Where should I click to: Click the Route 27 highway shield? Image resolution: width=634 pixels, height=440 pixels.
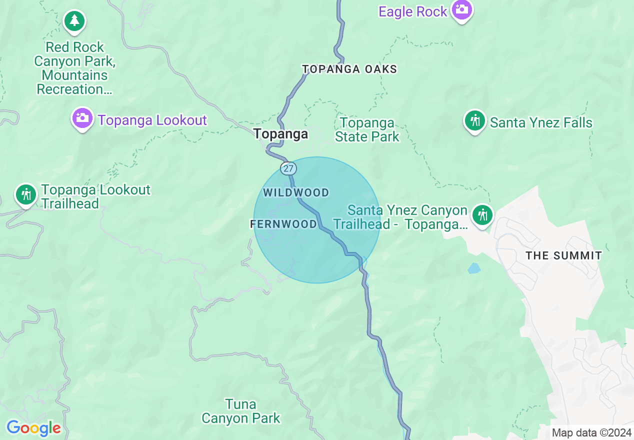[288, 168]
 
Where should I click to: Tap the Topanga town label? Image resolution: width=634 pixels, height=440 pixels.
[280, 134]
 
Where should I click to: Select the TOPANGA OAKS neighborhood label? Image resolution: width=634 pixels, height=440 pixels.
[349, 69]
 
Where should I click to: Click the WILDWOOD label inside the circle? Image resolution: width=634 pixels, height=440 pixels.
[296, 192]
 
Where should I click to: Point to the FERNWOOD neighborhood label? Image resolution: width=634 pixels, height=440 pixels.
[283, 224]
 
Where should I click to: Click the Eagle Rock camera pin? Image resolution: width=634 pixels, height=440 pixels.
[461, 9]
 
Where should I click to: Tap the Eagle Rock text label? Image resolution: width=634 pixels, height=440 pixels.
[412, 11]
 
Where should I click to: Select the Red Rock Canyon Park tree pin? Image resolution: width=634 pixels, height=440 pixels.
[74, 21]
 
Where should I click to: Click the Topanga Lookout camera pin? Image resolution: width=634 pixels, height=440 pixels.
[82, 119]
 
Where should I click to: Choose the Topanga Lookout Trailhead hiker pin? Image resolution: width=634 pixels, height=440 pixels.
[25, 194]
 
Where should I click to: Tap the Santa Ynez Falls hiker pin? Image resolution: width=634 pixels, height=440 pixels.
[474, 121]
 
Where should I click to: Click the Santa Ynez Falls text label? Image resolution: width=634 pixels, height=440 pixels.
[541, 122]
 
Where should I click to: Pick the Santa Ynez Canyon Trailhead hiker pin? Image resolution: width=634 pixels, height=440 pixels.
[482, 215]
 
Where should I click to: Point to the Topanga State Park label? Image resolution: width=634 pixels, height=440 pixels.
[367, 129]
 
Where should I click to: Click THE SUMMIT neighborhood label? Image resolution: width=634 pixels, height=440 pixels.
[563, 255]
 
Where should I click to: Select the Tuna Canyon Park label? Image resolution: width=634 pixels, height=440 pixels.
[241, 411]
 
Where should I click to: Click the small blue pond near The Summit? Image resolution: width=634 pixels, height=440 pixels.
[473, 268]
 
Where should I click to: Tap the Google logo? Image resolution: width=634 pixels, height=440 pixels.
[33, 428]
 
